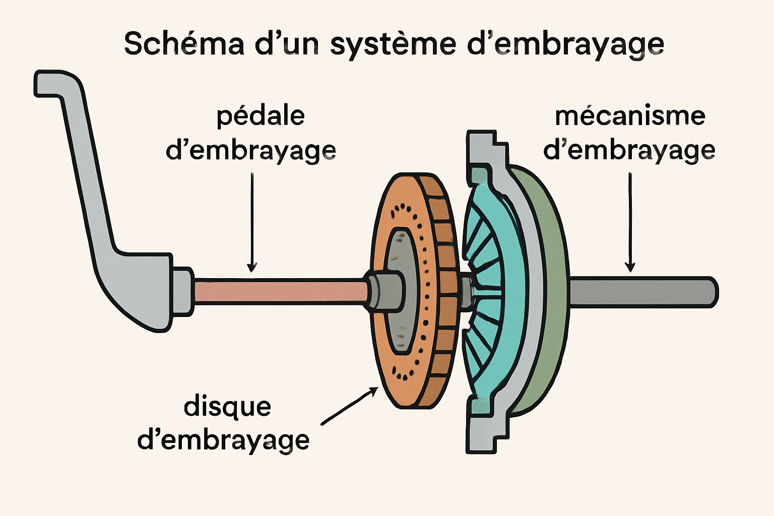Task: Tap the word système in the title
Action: pyautogui.click(x=393, y=44)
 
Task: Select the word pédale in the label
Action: pyautogui.click(x=261, y=117)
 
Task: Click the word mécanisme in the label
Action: pyautogui.click(x=630, y=116)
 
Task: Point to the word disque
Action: pyautogui.click(x=227, y=406)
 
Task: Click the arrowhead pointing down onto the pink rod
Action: pyautogui.click(x=252, y=267)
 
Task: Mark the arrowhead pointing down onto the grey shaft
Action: pyautogui.click(x=629, y=267)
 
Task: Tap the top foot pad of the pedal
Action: pyautogui.click(x=55, y=83)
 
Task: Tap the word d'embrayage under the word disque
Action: pyautogui.click(x=223, y=440)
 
